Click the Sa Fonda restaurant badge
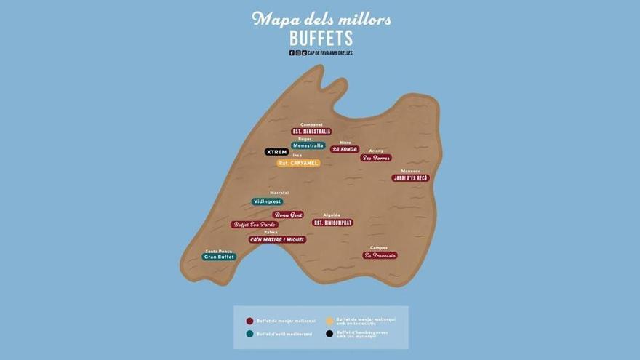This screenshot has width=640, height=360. [345, 149]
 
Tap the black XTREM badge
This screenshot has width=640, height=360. [276, 152]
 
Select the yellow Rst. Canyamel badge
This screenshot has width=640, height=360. [298, 163]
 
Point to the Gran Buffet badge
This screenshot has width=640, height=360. [219, 257]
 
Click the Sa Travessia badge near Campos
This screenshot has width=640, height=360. [380, 255]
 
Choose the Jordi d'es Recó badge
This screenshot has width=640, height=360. [410, 177]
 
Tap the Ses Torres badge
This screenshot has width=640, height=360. [376, 157]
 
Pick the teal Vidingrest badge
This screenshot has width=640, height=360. [267, 201]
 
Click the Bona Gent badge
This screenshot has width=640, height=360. [288, 215]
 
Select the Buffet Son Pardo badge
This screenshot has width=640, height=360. [255, 225]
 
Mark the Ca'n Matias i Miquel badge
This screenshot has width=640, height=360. [277, 239]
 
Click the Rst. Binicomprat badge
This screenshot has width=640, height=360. [332, 223]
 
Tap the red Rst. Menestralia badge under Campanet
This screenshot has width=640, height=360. [311, 132]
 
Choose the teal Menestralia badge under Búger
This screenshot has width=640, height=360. [308, 145]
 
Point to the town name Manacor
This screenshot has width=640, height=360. [410, 171]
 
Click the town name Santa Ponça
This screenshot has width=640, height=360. [218, 250]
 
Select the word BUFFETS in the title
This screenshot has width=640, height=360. [321, 38]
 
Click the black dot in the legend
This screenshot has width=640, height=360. [329, 334]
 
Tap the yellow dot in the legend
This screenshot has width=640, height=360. [329, 320]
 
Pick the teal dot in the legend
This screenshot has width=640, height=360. [249, 334]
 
